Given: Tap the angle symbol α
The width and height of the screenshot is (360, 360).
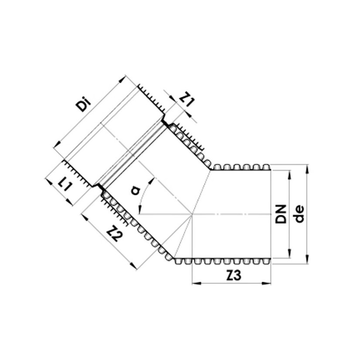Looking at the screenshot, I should (136, 190).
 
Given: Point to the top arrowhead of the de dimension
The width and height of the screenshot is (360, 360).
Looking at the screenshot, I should (308, 167).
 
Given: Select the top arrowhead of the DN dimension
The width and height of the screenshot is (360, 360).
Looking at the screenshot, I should (289, 173).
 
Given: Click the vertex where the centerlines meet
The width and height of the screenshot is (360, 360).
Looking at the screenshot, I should (192, 214).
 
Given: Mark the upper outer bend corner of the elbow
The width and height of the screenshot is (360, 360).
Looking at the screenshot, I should (211, 169).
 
